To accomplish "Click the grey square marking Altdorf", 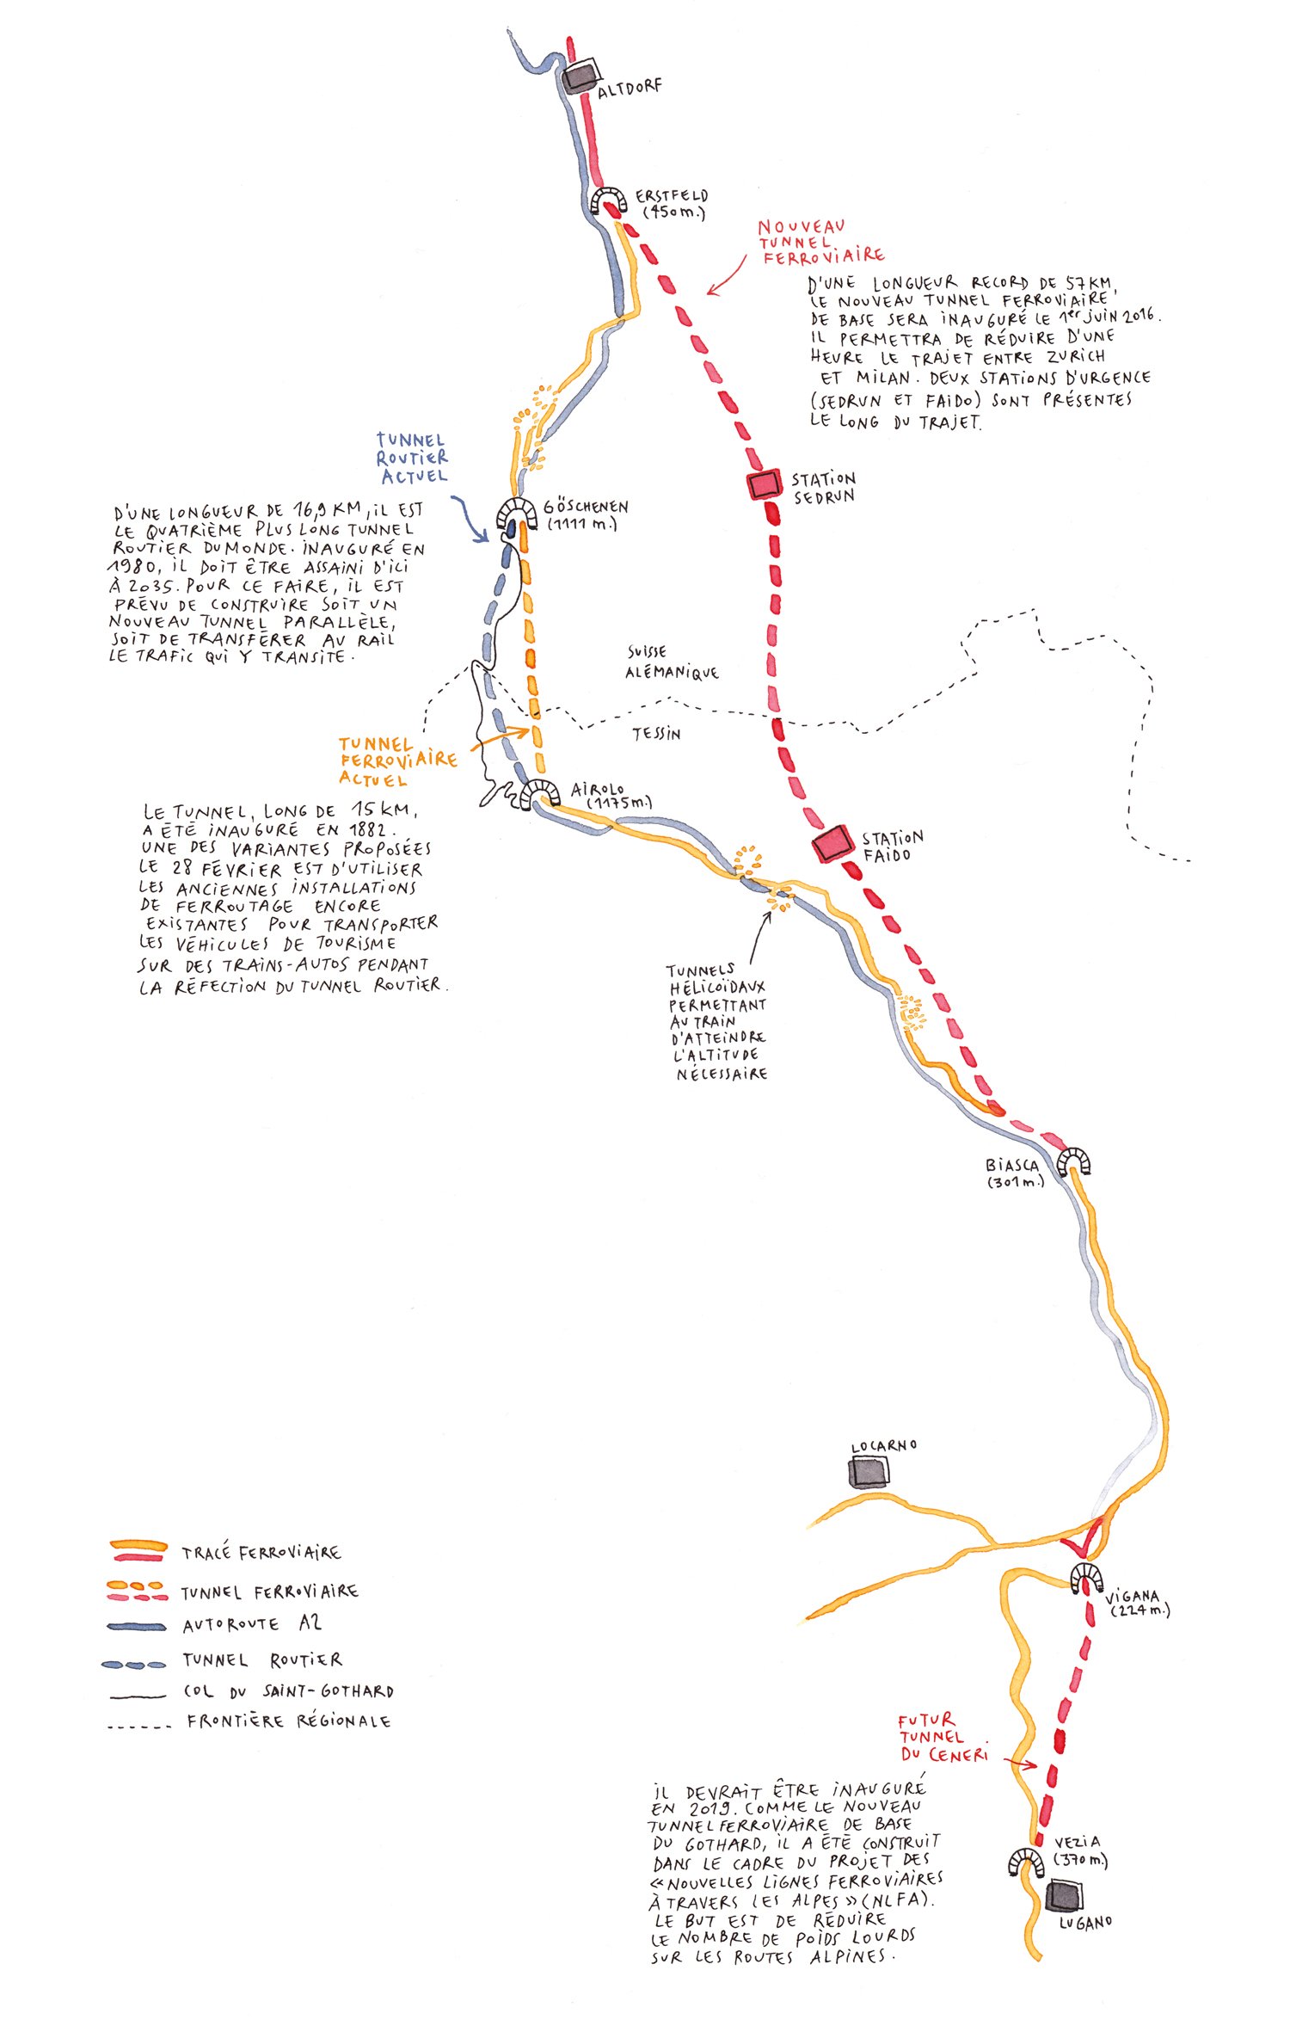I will (581, 76).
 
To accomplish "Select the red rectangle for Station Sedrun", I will (764, 485).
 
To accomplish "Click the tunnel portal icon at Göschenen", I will (517, 515).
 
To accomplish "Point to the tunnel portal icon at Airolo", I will (540, 792).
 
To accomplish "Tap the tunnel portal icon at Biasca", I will (1073, 1162).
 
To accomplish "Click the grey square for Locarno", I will (869, 1472).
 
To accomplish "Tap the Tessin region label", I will (656, 734).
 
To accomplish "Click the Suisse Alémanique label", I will (670, 663).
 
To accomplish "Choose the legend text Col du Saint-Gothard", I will (288, 1690).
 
